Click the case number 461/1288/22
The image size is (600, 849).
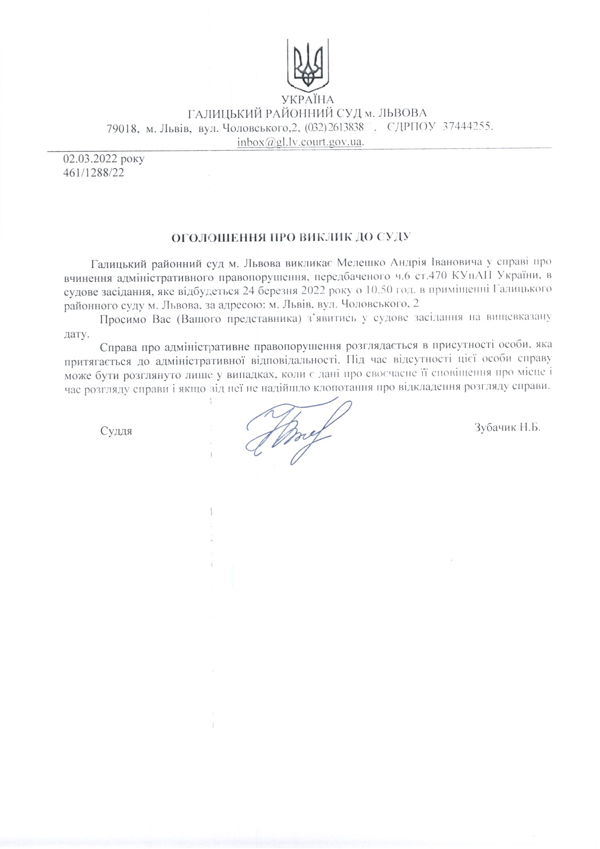point(94,173)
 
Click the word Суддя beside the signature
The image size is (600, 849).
point(116,431)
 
